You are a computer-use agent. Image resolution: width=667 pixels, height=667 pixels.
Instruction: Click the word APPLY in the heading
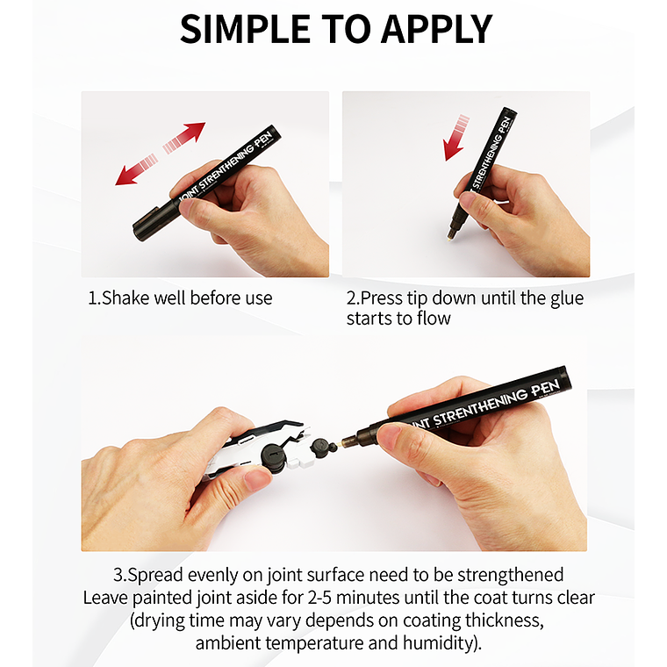point(436,29)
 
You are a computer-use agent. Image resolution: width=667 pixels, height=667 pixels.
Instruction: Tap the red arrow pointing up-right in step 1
point(184,138)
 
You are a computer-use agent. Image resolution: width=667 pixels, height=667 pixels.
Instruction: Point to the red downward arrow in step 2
point(455,138)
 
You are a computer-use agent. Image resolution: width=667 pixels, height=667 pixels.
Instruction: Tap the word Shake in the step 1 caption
point(125,298)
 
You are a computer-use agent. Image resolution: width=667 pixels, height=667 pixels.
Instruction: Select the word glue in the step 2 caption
point(567,299)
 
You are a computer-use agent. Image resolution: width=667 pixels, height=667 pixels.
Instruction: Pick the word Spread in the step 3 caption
point(155,576)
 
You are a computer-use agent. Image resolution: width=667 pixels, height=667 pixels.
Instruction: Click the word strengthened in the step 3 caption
point(511,576)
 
